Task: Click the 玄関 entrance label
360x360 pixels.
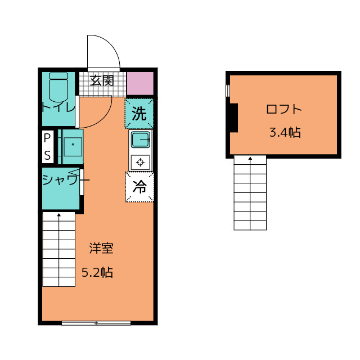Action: tap(102, 80)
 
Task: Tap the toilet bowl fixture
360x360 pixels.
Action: tap(58, 88)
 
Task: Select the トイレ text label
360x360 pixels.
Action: tap(58, 107)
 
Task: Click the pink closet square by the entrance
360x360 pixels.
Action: tap(140, 83)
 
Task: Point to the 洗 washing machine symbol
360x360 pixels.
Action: tap(139, 114)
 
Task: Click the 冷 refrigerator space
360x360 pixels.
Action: tap(139, 187)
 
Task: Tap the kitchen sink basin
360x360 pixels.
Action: tap(141, 140)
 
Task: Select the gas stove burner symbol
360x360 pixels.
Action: tap(140, 163)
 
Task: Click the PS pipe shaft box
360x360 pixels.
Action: tap(47, 147)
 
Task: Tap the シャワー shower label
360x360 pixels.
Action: tap(66, 180)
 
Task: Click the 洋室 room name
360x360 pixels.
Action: tap(101, 248)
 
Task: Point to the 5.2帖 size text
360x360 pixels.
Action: tap(97, 272)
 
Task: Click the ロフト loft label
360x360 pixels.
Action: tap(284, 109)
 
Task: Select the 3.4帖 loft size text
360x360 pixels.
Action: tap(285, 133)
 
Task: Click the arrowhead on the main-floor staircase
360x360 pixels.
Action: tap(59, 215)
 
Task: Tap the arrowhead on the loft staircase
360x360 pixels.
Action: tap(250, 158)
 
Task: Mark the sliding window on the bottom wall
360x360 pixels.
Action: tap(96, 323)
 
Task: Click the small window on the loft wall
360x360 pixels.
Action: tap(228, 91)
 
